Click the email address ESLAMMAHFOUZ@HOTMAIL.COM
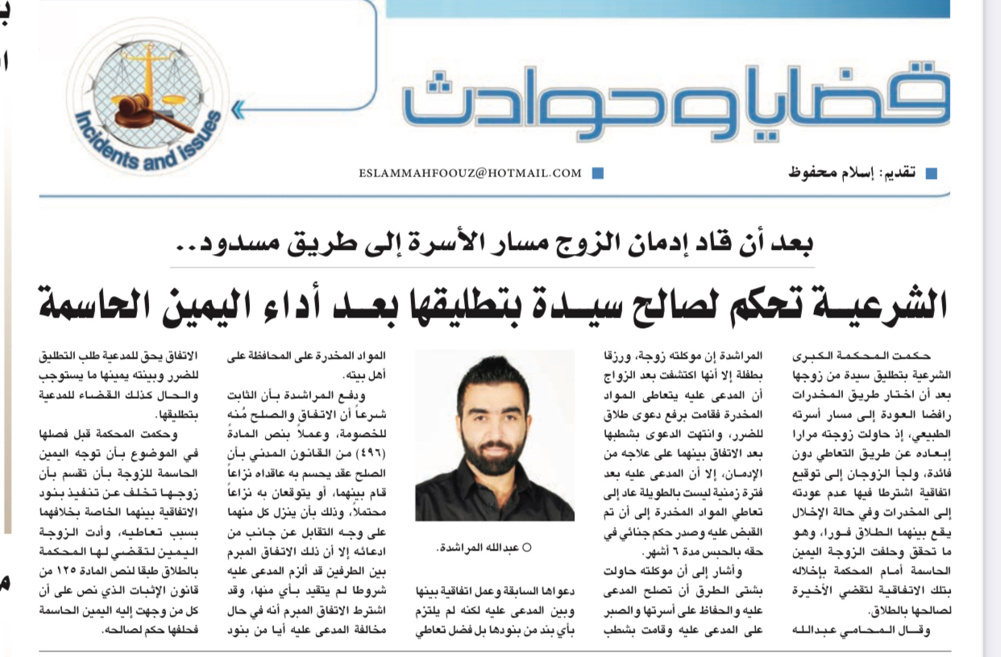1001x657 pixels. coord(471,173)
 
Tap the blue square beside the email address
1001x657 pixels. coord(597,173)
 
